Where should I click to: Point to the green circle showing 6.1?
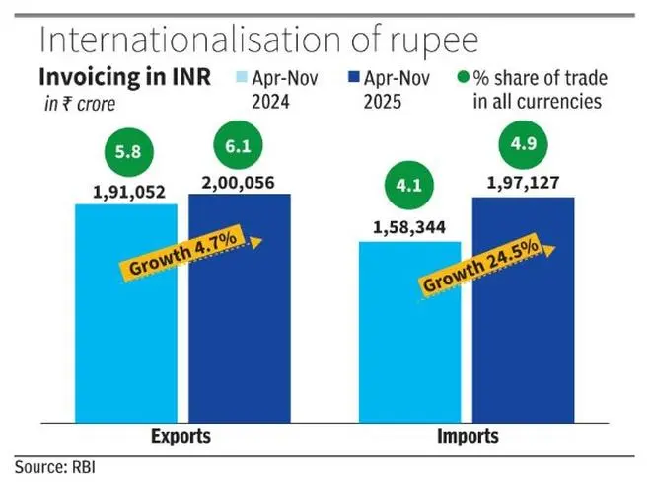pyautogui.click(x=238, y=145)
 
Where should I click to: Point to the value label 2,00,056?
pyautogui.click(x=239, y=183)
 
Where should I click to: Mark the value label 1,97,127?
pyautogui.click(x=522, y=185)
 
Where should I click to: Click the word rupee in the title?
pyautogui.click(x=431, y=41)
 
